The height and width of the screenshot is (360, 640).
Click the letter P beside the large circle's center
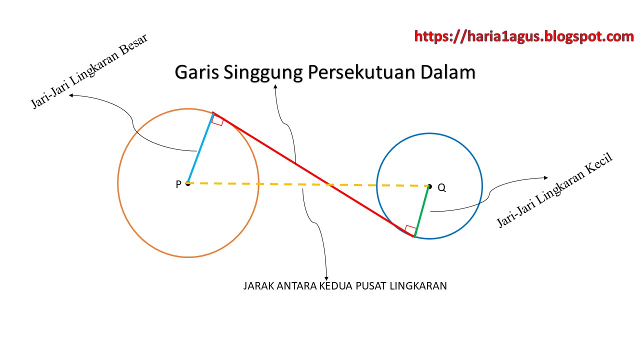click(x=178, y=184)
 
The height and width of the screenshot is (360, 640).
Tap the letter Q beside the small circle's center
click(x=441, y=188)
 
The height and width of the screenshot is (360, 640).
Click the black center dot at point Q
click(x=429, y=186)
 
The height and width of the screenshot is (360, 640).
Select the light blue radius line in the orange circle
click(x=200, y=148)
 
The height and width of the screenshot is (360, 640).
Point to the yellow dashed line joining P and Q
click(x=280, y=184)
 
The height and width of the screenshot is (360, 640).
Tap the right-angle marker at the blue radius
click(x=217, y=120)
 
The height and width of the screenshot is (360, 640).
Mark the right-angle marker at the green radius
click(x=410, y=230)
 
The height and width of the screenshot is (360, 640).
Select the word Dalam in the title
click(x=448, y=73)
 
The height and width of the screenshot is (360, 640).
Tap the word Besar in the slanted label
click(x=132, y=51)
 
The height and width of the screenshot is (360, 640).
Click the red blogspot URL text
click(x=524, y=36)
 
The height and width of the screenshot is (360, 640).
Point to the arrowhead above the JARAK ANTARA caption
click(x=326, y=277)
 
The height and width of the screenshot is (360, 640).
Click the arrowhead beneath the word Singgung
click(x=275, y=87)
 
